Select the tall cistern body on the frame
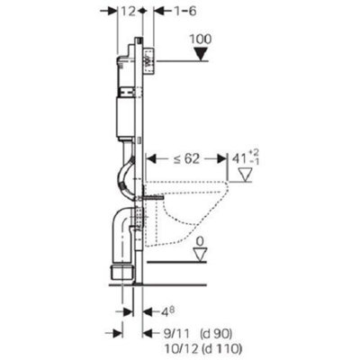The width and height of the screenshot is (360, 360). [x=129, y=112]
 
